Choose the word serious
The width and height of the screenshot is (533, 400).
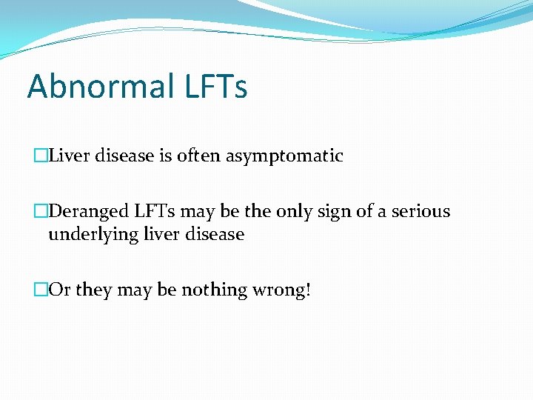coord(422,211)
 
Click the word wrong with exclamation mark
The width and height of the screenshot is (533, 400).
coord(283,290)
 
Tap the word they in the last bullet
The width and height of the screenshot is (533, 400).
coord(92,290)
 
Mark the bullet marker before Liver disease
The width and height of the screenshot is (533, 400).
coord(40,156)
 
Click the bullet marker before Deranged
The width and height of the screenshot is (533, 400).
coord(40,212)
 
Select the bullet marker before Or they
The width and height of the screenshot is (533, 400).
coord(40,290)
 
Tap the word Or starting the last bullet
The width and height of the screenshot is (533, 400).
coord(59,290)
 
